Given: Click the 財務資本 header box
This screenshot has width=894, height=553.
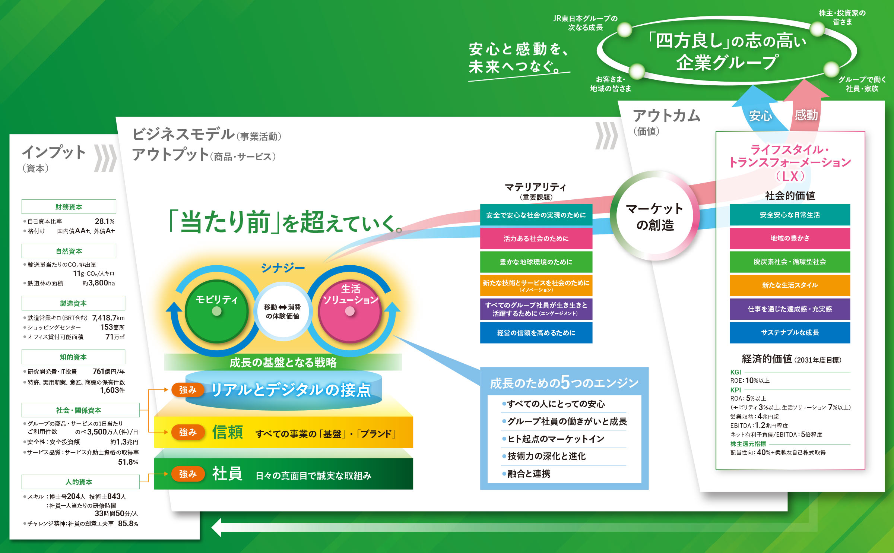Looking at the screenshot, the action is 69,207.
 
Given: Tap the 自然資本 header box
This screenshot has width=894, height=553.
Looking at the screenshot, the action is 69,251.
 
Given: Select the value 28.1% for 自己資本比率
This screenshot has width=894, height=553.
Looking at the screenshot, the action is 105,221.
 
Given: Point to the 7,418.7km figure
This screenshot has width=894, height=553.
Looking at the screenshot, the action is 108,318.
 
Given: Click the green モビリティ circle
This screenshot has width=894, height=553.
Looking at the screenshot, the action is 217,311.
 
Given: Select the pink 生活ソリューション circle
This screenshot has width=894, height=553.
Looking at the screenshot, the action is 350,311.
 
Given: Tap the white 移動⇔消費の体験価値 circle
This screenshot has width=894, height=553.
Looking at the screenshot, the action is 283,311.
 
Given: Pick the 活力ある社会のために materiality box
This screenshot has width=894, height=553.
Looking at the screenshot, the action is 536,238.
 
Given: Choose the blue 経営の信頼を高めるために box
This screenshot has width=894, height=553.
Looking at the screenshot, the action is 536,333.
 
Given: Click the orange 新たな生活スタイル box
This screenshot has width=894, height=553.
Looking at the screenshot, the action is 790,285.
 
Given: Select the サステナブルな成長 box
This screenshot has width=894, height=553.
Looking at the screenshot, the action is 790,332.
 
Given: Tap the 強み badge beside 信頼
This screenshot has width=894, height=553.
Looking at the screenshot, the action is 188,432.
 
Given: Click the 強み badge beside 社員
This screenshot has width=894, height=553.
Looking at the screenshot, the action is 188,474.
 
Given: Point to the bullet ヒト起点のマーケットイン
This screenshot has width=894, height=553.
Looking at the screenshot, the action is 554,439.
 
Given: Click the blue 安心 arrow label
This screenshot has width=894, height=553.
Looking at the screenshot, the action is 761,116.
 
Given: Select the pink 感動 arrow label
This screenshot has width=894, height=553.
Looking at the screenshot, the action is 806,115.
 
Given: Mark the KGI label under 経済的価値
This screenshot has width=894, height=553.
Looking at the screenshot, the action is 736,372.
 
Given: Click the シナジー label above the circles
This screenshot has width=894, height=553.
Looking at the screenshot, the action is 283,268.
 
